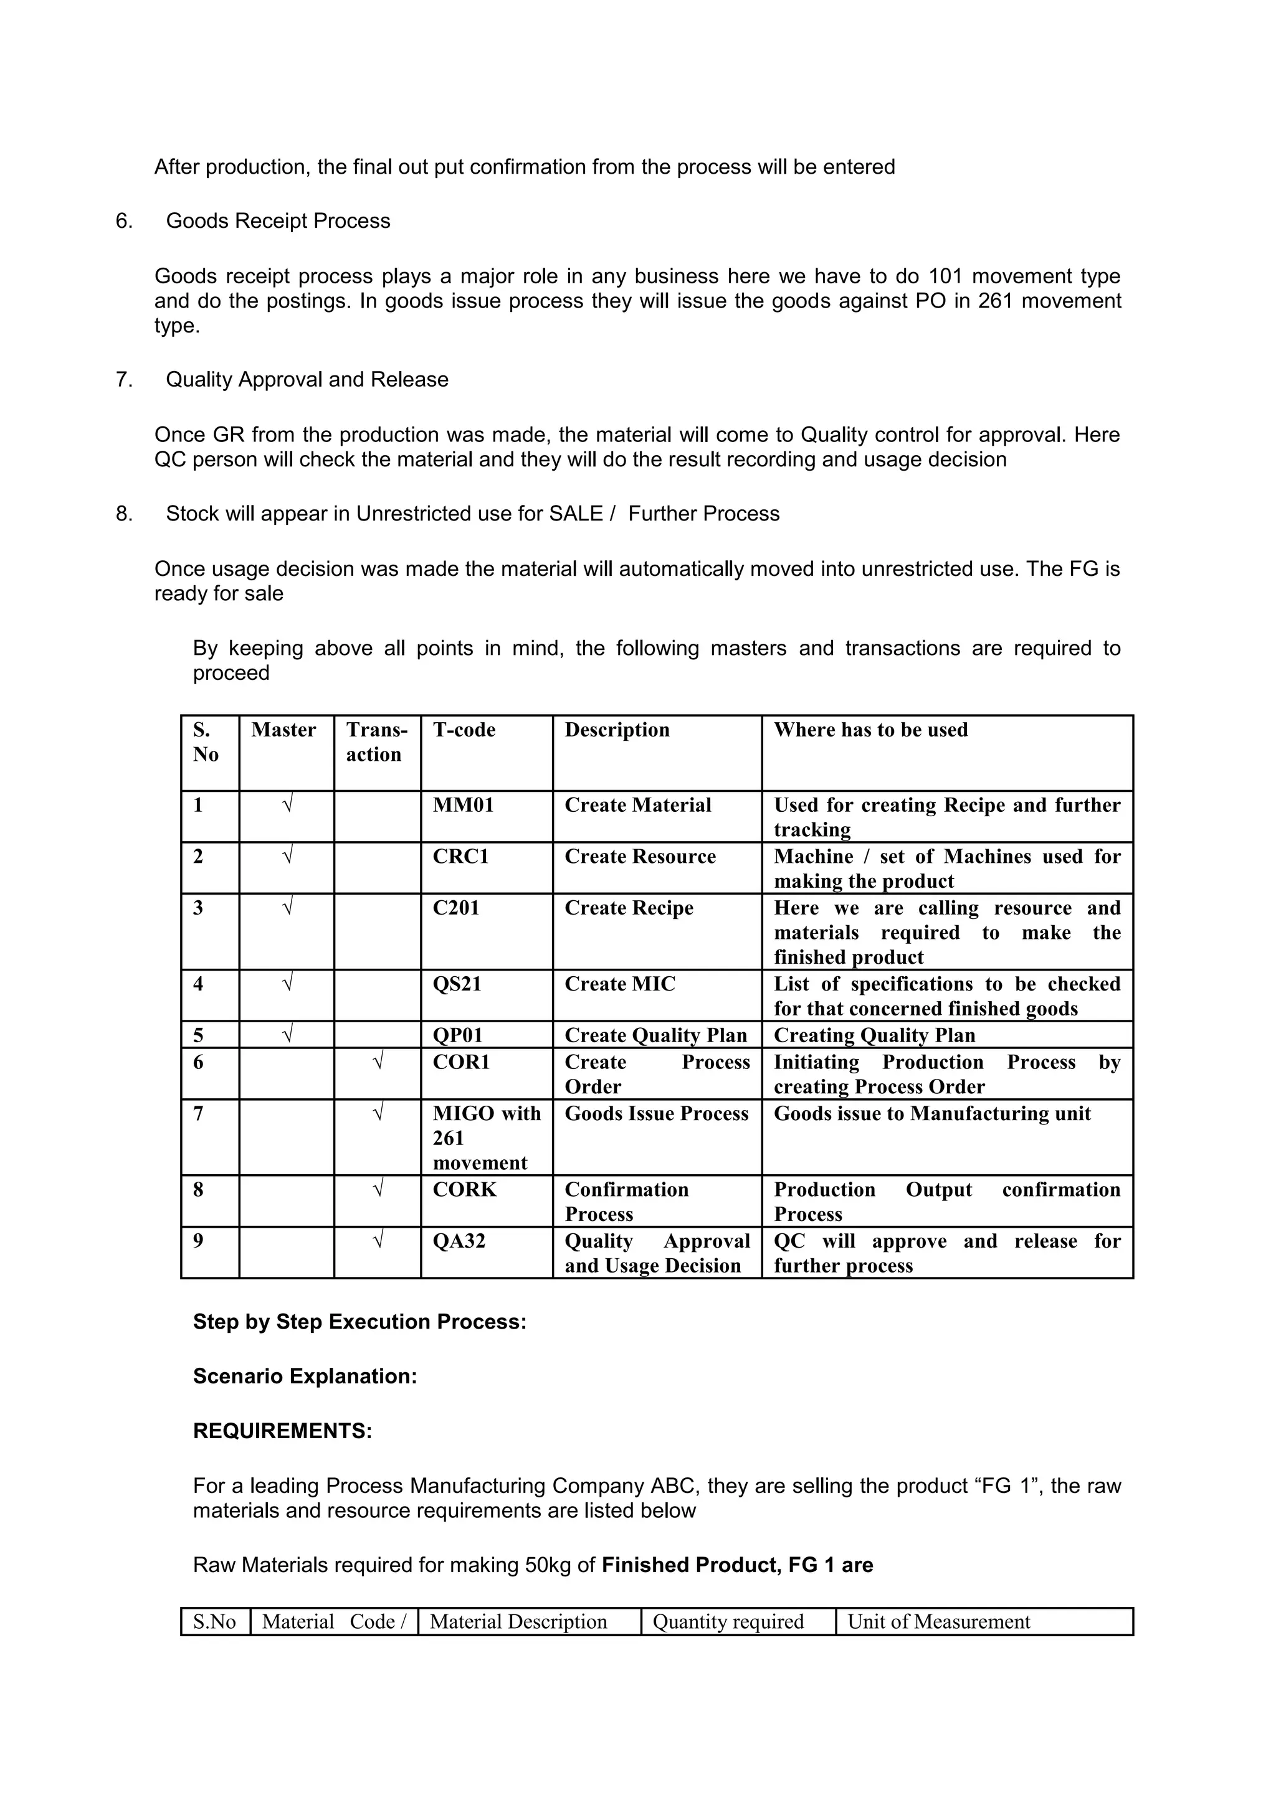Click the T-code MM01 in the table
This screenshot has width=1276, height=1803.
[x=463, y=805]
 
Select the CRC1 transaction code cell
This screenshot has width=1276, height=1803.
[x=460, y=856]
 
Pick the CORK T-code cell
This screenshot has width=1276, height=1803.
[x=464, y=1190]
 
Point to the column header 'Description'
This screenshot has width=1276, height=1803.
[x=617, y=730]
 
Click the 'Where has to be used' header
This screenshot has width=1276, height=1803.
[x=870, y=730]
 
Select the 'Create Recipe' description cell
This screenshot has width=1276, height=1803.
[x=629, y=908]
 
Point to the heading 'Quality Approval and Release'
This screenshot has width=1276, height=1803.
[x=307, y=379]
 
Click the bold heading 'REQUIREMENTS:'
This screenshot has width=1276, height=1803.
[x=282, y=1431]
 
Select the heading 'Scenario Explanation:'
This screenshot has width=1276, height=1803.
[x=305, y=1376]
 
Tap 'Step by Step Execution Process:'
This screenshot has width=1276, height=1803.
[x=359, y=1322]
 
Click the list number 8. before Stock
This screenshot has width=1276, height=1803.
[x=124, y=514]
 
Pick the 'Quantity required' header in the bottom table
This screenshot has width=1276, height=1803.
[x=728, y=1622]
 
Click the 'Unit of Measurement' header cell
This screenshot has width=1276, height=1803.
[x=938, y=1622]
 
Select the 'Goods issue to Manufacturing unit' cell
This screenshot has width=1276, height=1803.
[x=932, y=1114]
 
